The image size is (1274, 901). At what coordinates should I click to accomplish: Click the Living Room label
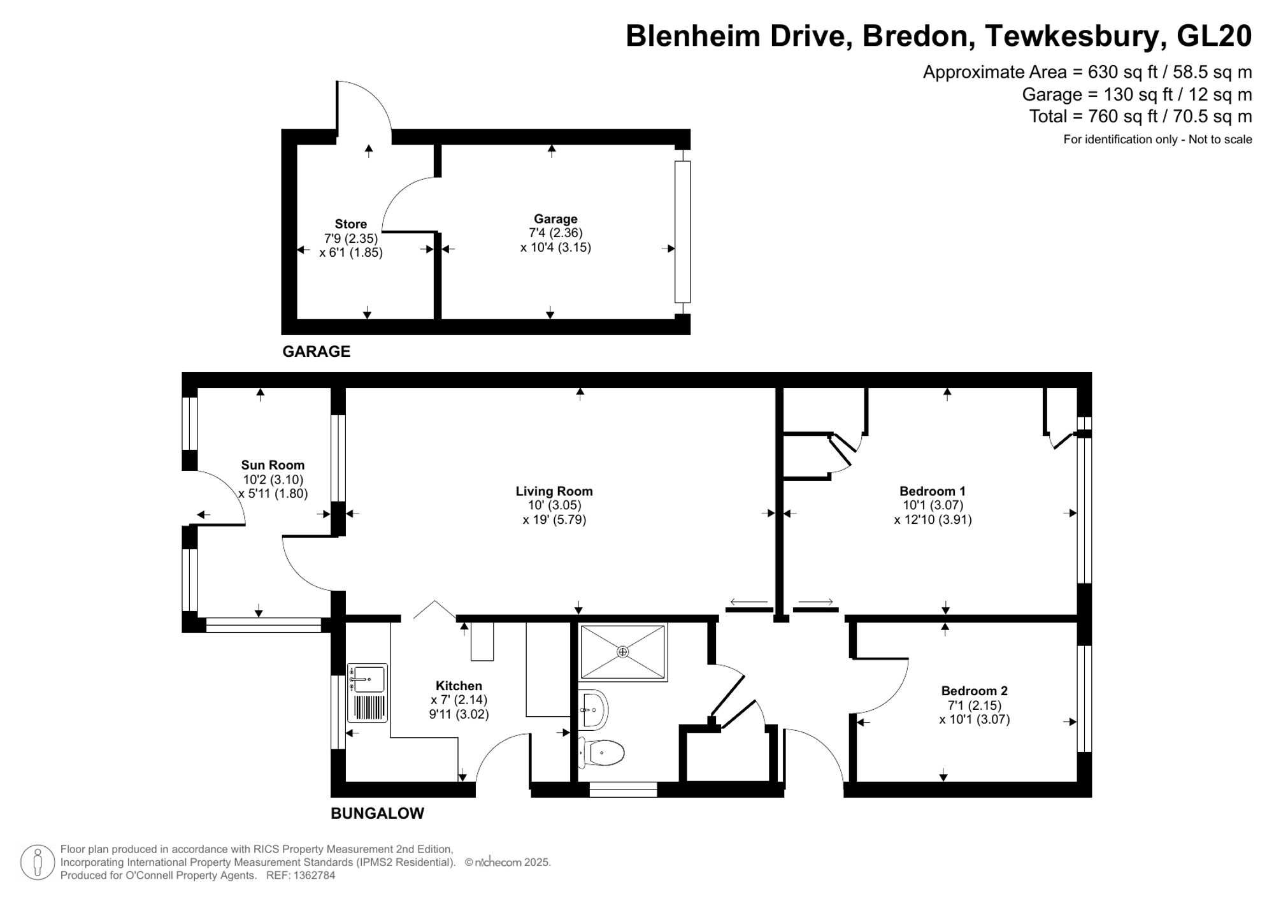point(554,491)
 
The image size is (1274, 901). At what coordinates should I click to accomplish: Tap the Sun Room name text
point(273,465)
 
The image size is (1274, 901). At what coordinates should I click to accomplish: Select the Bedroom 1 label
point(932,491)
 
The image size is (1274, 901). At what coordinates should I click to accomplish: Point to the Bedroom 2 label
point(974,691)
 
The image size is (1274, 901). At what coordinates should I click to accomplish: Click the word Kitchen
point(459,686)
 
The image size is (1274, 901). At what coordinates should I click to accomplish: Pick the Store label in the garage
point(350,224)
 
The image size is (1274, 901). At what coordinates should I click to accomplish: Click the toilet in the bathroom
point(602,753)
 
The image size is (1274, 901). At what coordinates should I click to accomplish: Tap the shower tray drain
point(622,652)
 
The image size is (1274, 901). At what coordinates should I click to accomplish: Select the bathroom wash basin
point(594,709)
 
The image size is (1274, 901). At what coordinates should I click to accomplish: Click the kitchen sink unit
point(368,693)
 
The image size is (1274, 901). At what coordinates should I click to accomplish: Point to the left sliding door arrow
point(748,602)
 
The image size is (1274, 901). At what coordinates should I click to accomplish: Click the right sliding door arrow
point(815,602)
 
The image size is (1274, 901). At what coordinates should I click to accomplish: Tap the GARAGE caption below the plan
point(316,352)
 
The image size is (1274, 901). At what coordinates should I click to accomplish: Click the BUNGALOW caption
point(377,814)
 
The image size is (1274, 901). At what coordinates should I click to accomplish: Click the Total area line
point(1140,117)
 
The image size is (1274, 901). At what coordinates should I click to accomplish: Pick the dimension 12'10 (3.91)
point(933,519)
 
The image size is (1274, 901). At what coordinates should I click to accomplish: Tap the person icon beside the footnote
point(38,862)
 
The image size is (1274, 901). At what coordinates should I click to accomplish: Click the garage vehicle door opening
point(682,232)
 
